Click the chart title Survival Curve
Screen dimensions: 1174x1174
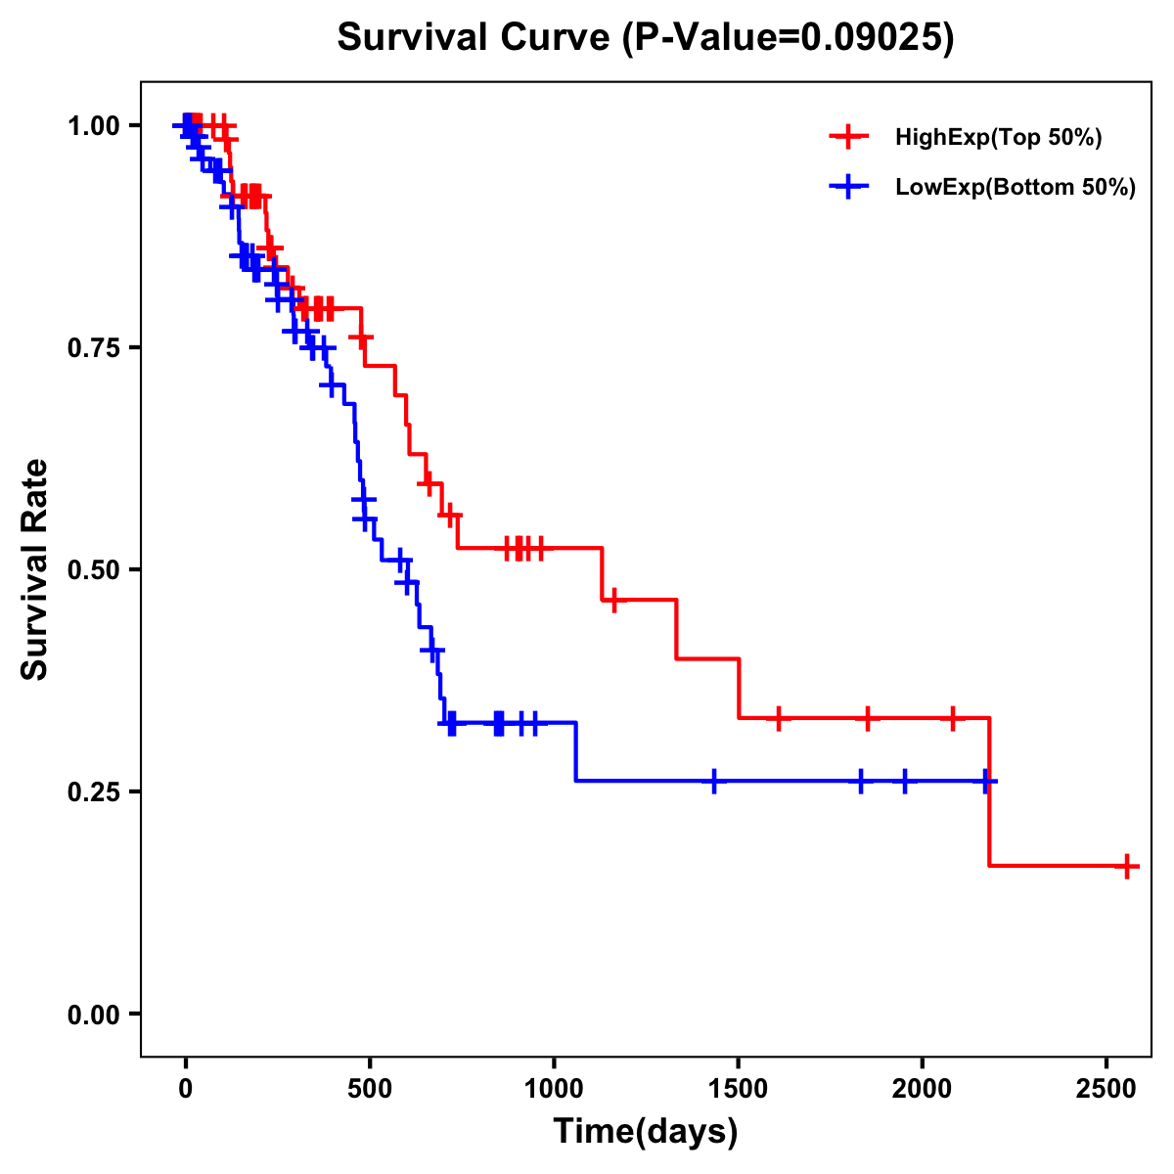pyautogui.click(x=645, y=37)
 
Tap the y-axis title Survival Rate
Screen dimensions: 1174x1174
pyautogui.click(x=35, y=568)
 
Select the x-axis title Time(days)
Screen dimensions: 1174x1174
pyautogui.click(x=645, y=1131)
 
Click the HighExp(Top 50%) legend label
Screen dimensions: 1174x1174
pyautogui.click(x=998, y=138)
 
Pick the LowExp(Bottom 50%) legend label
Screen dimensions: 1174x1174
pyautogui.click(x=1016, y=188)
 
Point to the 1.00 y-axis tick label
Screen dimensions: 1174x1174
pyautogui.click(x=93, y=126)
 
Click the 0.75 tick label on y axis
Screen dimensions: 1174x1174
pyautogui.click(x=93, y=347)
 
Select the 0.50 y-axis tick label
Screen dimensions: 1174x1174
pyautogui.click(x=93, y=569)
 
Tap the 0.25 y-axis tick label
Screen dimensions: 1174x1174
pyautogui.click(x=93, y=791)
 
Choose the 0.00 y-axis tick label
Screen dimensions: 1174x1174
pyautogui.click(x=93, y=1014)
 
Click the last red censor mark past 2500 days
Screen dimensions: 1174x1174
pyautogui.click(x=1127, y=867)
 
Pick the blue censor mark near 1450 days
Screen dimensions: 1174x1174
pyautogui.click(x=714, y=782)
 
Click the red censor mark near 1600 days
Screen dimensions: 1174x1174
pyautogui.click(x=778, y=718)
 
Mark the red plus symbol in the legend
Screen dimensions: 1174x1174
pyautogui.click(x=848, y=137)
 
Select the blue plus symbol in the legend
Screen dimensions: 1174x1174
pyautogui.click(x=848, y=188)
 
